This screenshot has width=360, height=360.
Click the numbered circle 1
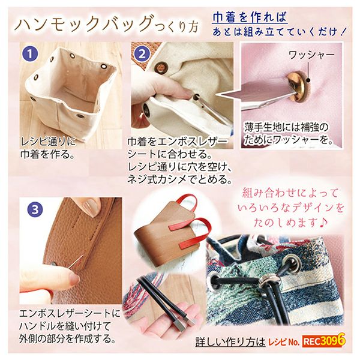29,54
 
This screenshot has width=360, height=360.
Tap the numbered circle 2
142,55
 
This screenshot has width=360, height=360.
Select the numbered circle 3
35,209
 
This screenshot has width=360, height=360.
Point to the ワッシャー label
311,55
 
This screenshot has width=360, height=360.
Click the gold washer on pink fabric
297,87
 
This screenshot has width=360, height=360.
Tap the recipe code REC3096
323,341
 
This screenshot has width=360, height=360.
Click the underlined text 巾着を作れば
250,17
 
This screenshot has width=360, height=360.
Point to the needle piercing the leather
76,261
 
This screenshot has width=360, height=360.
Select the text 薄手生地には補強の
286,128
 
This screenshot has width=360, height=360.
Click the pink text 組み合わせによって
290,193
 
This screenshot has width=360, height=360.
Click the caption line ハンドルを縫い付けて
65,326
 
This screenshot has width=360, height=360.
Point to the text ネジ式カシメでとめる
179,179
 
